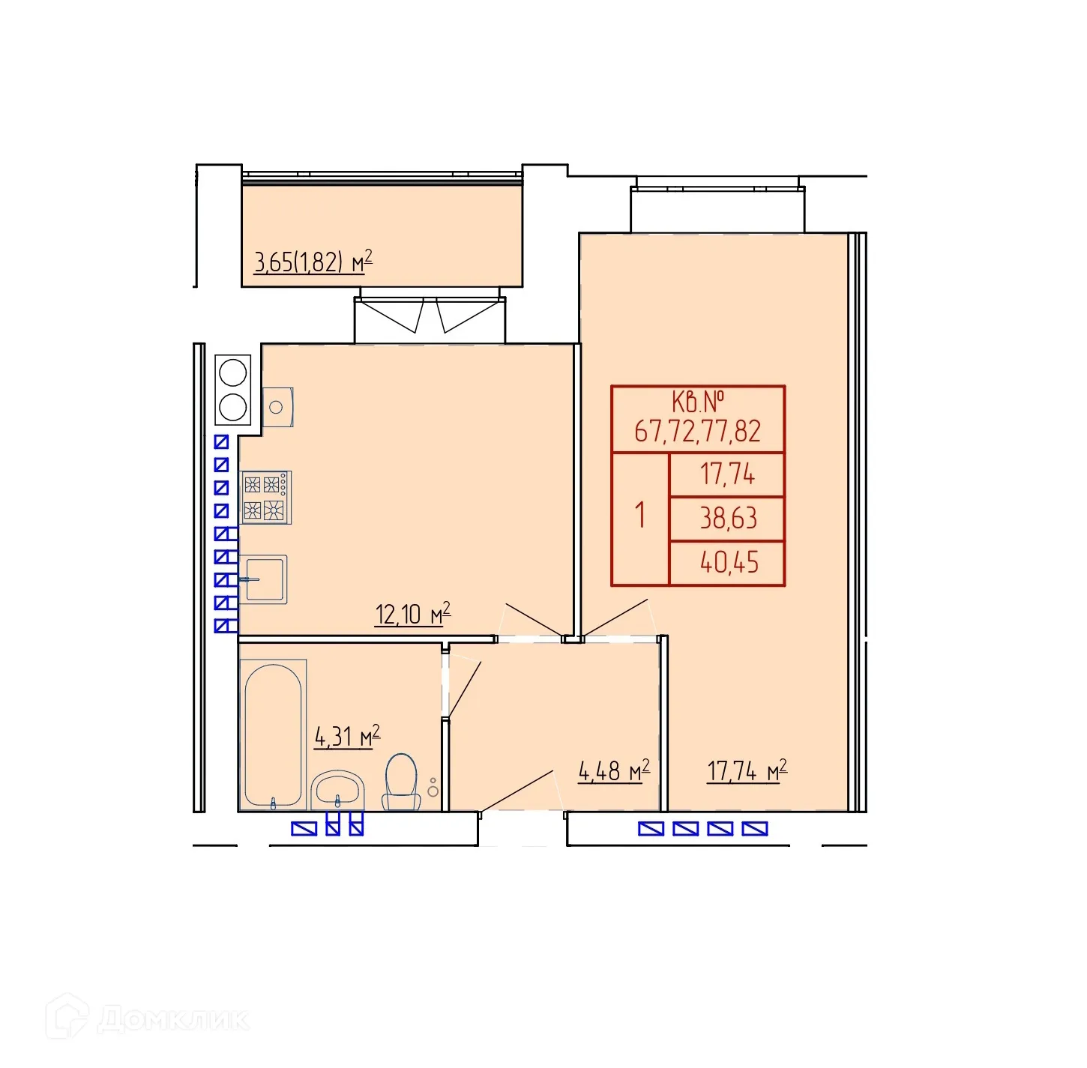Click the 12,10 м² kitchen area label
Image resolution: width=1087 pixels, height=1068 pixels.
coord(413,614)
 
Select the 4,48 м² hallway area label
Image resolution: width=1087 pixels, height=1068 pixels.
coord(614,770)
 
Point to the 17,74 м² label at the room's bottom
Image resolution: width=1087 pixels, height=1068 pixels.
coord(747,770)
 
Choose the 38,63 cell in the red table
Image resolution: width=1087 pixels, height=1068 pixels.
coord(728,518)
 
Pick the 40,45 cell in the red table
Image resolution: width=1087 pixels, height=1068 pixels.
coord(729,563)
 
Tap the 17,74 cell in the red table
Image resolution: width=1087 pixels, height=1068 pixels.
coord(728,474)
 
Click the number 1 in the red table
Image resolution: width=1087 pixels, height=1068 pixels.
coord(639,515)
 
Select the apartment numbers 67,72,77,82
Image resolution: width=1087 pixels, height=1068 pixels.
coord(698,432)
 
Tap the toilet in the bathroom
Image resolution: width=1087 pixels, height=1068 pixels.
coord(401,782)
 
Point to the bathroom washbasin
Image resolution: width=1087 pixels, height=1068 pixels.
coord(337,790)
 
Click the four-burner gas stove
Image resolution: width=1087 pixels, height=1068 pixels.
coord(265,497)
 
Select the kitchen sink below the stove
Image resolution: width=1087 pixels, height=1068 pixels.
coord(263,579)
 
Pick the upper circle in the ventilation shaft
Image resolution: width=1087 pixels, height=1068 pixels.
coord(233,373)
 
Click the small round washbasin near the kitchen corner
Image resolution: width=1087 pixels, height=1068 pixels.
coord(277,408)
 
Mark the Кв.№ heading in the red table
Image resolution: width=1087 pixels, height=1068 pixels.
coord(699,402)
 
